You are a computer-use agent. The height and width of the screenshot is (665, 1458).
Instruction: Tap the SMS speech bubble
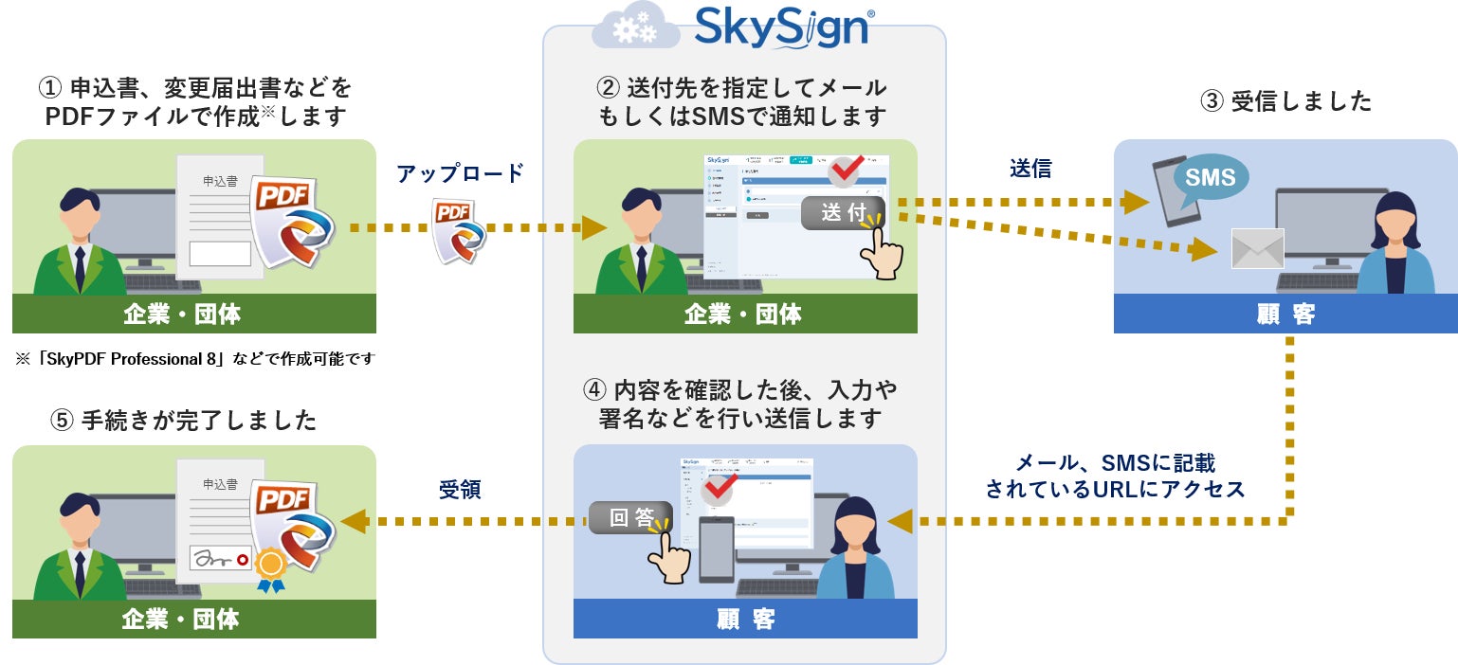(1211, 177)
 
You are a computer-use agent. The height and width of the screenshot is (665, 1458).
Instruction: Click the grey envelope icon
(1257, 249)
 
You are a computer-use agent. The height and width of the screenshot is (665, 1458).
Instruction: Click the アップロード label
(460, 173)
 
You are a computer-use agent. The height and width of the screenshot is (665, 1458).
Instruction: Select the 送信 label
(1030, 169)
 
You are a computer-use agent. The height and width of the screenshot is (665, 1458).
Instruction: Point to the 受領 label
(460, 489)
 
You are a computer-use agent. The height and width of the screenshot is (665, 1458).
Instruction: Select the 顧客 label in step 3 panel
(1285, 314)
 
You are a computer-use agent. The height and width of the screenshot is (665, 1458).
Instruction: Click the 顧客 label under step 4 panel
(745, 619)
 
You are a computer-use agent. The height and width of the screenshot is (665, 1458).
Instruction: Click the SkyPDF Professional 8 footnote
(195, 359)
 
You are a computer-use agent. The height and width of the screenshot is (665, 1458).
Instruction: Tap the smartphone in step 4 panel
(716, 549)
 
